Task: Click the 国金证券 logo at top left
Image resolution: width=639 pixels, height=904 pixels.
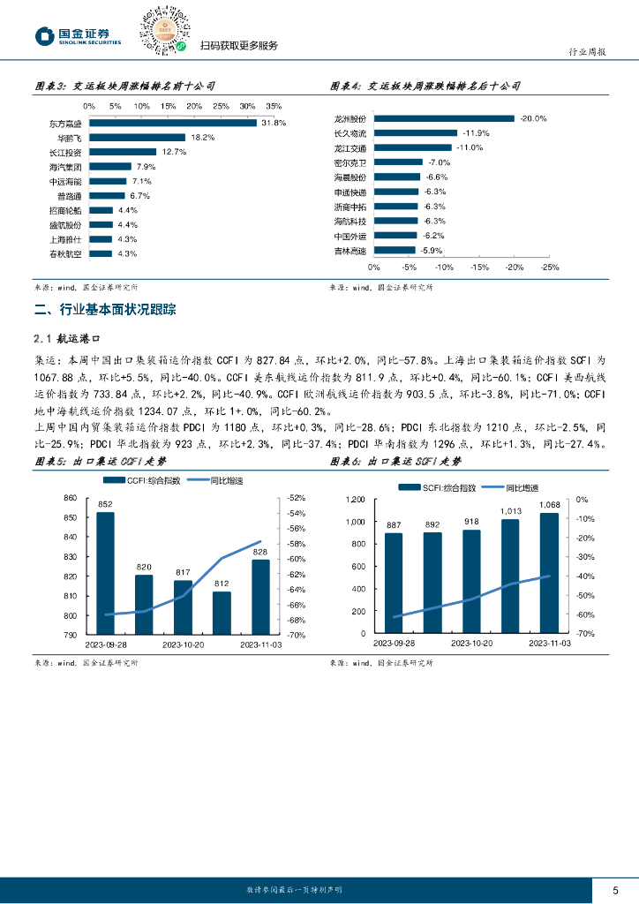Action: click(x=77, y=36)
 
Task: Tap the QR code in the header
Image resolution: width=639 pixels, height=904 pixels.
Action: click(x=162, y=33)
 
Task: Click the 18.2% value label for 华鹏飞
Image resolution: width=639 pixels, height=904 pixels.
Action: click(x=203, y=138)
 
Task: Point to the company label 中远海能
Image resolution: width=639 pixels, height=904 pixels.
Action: click(x=66, y=181)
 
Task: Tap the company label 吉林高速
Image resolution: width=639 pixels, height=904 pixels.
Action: click(x=350, y=251)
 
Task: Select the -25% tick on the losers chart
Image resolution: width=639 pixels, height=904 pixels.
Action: click(x=548, y=267)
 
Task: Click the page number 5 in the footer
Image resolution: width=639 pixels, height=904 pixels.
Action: click(x=615, y=890)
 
